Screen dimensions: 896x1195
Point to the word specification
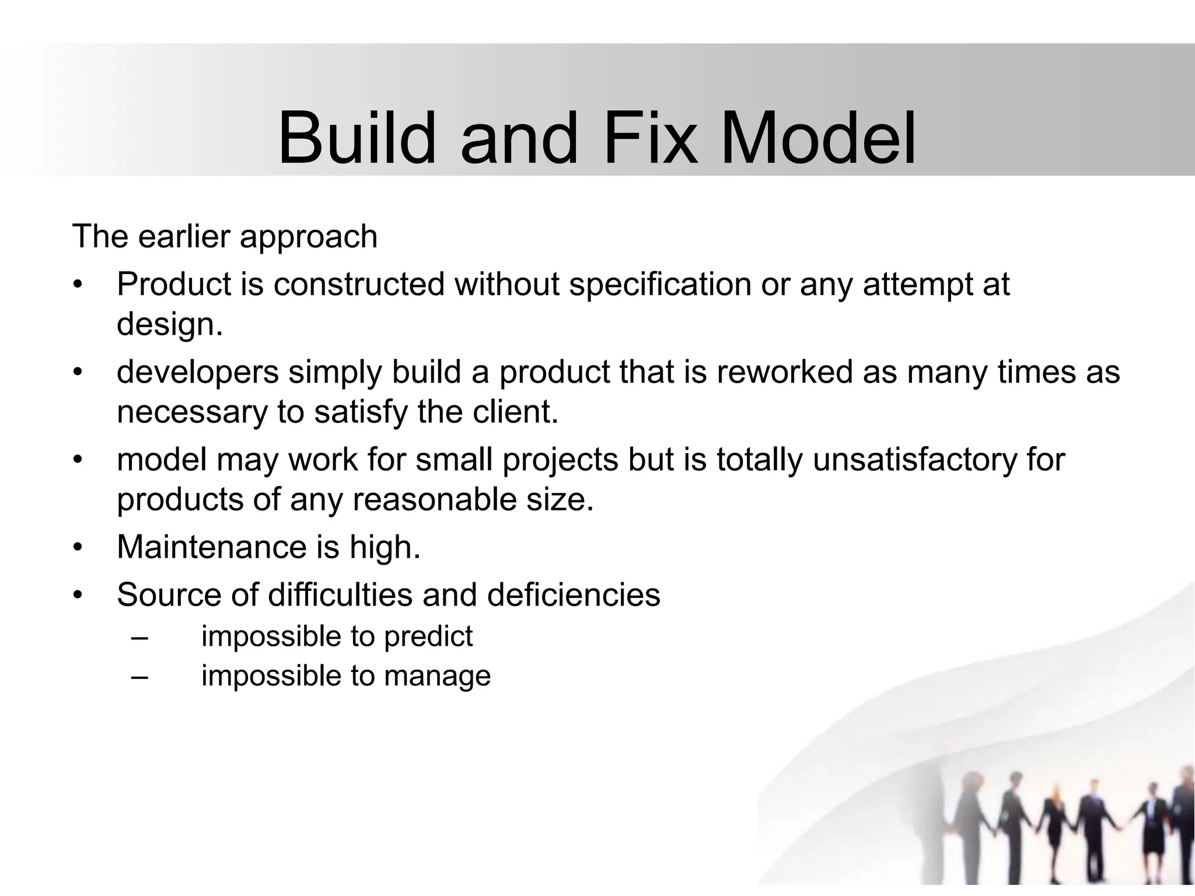pos(660,285)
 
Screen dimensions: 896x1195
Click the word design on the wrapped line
pos(169,324)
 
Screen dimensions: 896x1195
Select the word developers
pos(198,373)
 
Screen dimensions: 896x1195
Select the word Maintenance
pos(212,547)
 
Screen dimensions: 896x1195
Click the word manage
pos(437,677)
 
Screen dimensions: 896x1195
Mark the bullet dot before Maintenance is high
pos(78,548)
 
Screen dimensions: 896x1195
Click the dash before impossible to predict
pos(140,637)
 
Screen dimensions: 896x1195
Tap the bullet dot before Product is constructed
pos(78,286)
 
